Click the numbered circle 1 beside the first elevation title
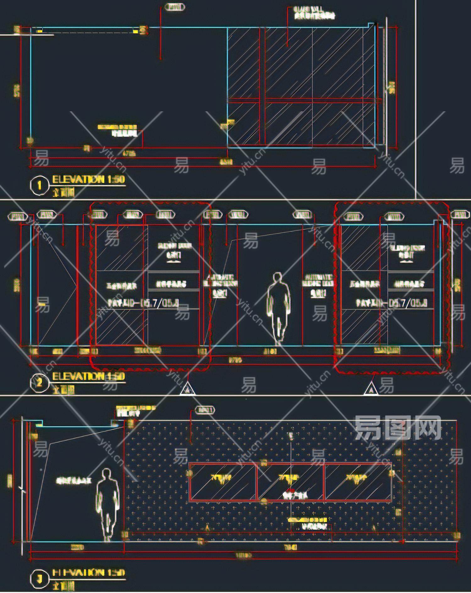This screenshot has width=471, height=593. (39, 185)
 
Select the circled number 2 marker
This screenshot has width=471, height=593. (39, 383)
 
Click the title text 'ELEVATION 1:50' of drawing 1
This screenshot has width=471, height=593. (89, 180)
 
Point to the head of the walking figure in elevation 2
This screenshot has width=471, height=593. (277, 278)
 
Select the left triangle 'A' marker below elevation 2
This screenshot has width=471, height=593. (188, 389)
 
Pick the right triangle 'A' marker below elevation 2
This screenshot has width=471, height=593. (371, 389)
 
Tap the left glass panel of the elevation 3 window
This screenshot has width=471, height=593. (222, 481)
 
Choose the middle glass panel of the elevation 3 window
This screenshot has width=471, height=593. (290, 481)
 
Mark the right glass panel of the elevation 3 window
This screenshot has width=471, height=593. (358, 481)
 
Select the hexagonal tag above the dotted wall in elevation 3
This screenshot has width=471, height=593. (205, 410)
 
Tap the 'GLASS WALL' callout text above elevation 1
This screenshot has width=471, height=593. (314, 13)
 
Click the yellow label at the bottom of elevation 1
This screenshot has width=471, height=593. (117, 127)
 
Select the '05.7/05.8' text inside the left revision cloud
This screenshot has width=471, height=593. (159, 303)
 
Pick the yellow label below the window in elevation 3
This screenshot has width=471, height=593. (307, 520)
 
